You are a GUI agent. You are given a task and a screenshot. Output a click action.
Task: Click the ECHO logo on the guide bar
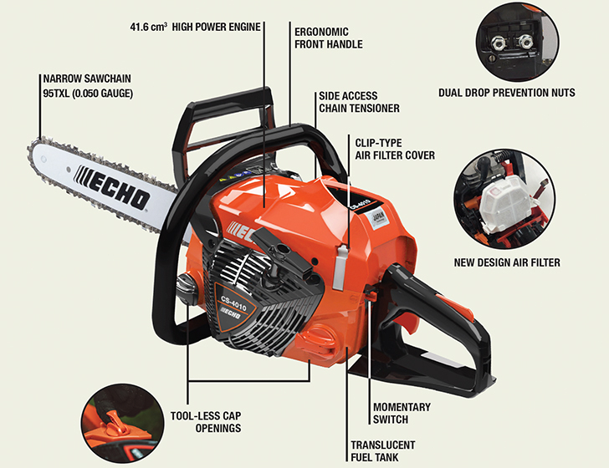pos(112,187)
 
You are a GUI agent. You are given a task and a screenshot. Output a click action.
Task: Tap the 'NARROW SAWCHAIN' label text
pos(87,79)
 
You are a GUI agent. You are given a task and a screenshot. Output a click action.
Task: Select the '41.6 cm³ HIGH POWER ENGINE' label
pos(196,28)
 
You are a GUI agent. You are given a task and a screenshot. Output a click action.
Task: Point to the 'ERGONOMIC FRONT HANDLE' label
pos(329,38)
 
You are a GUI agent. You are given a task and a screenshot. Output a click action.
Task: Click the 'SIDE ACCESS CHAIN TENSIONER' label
pos(359,102)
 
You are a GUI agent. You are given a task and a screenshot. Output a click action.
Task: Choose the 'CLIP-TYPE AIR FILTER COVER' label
pos(395,149)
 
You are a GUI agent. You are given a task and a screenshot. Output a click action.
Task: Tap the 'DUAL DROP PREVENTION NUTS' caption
pos(507,93)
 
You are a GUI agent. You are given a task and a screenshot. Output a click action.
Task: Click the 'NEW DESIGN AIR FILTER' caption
pos(507,262)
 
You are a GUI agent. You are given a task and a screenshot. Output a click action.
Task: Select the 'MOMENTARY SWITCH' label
pos(402,414)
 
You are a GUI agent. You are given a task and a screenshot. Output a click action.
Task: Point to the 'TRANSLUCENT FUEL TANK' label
pos(383,451)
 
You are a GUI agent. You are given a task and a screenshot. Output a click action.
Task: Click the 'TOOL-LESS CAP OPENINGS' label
pos(206,422)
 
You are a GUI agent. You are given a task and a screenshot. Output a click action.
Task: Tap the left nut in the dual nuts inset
pos(498,41)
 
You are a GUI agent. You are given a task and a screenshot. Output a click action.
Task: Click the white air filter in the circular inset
pos(505,204)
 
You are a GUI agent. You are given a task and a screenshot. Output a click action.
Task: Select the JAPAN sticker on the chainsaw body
pos(376,218)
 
